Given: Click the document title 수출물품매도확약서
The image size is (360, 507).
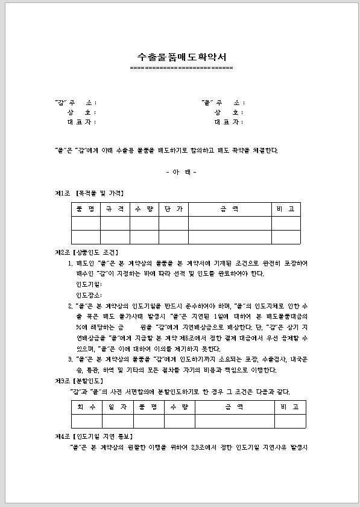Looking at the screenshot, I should (x=182, y=57).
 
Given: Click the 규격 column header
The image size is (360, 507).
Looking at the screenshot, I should (x=115, y=209).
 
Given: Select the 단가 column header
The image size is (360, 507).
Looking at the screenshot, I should (x=173, y=209).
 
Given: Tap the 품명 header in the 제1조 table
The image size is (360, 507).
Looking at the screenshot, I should (x=86, y=209).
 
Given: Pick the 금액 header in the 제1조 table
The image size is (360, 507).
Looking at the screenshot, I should (x=229, y=209).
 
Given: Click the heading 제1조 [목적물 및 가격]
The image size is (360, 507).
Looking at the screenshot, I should (x=89, y=193).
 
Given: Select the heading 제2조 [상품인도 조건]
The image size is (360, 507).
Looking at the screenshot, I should (x=86, y=252).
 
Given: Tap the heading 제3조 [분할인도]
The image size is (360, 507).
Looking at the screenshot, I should (x=79, y=381).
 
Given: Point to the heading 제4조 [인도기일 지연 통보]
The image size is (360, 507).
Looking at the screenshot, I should (x=94, y=436).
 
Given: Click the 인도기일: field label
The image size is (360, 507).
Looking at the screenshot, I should (x=89, y=284).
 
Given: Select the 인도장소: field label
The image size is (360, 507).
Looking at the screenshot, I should (x=89, y=295).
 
